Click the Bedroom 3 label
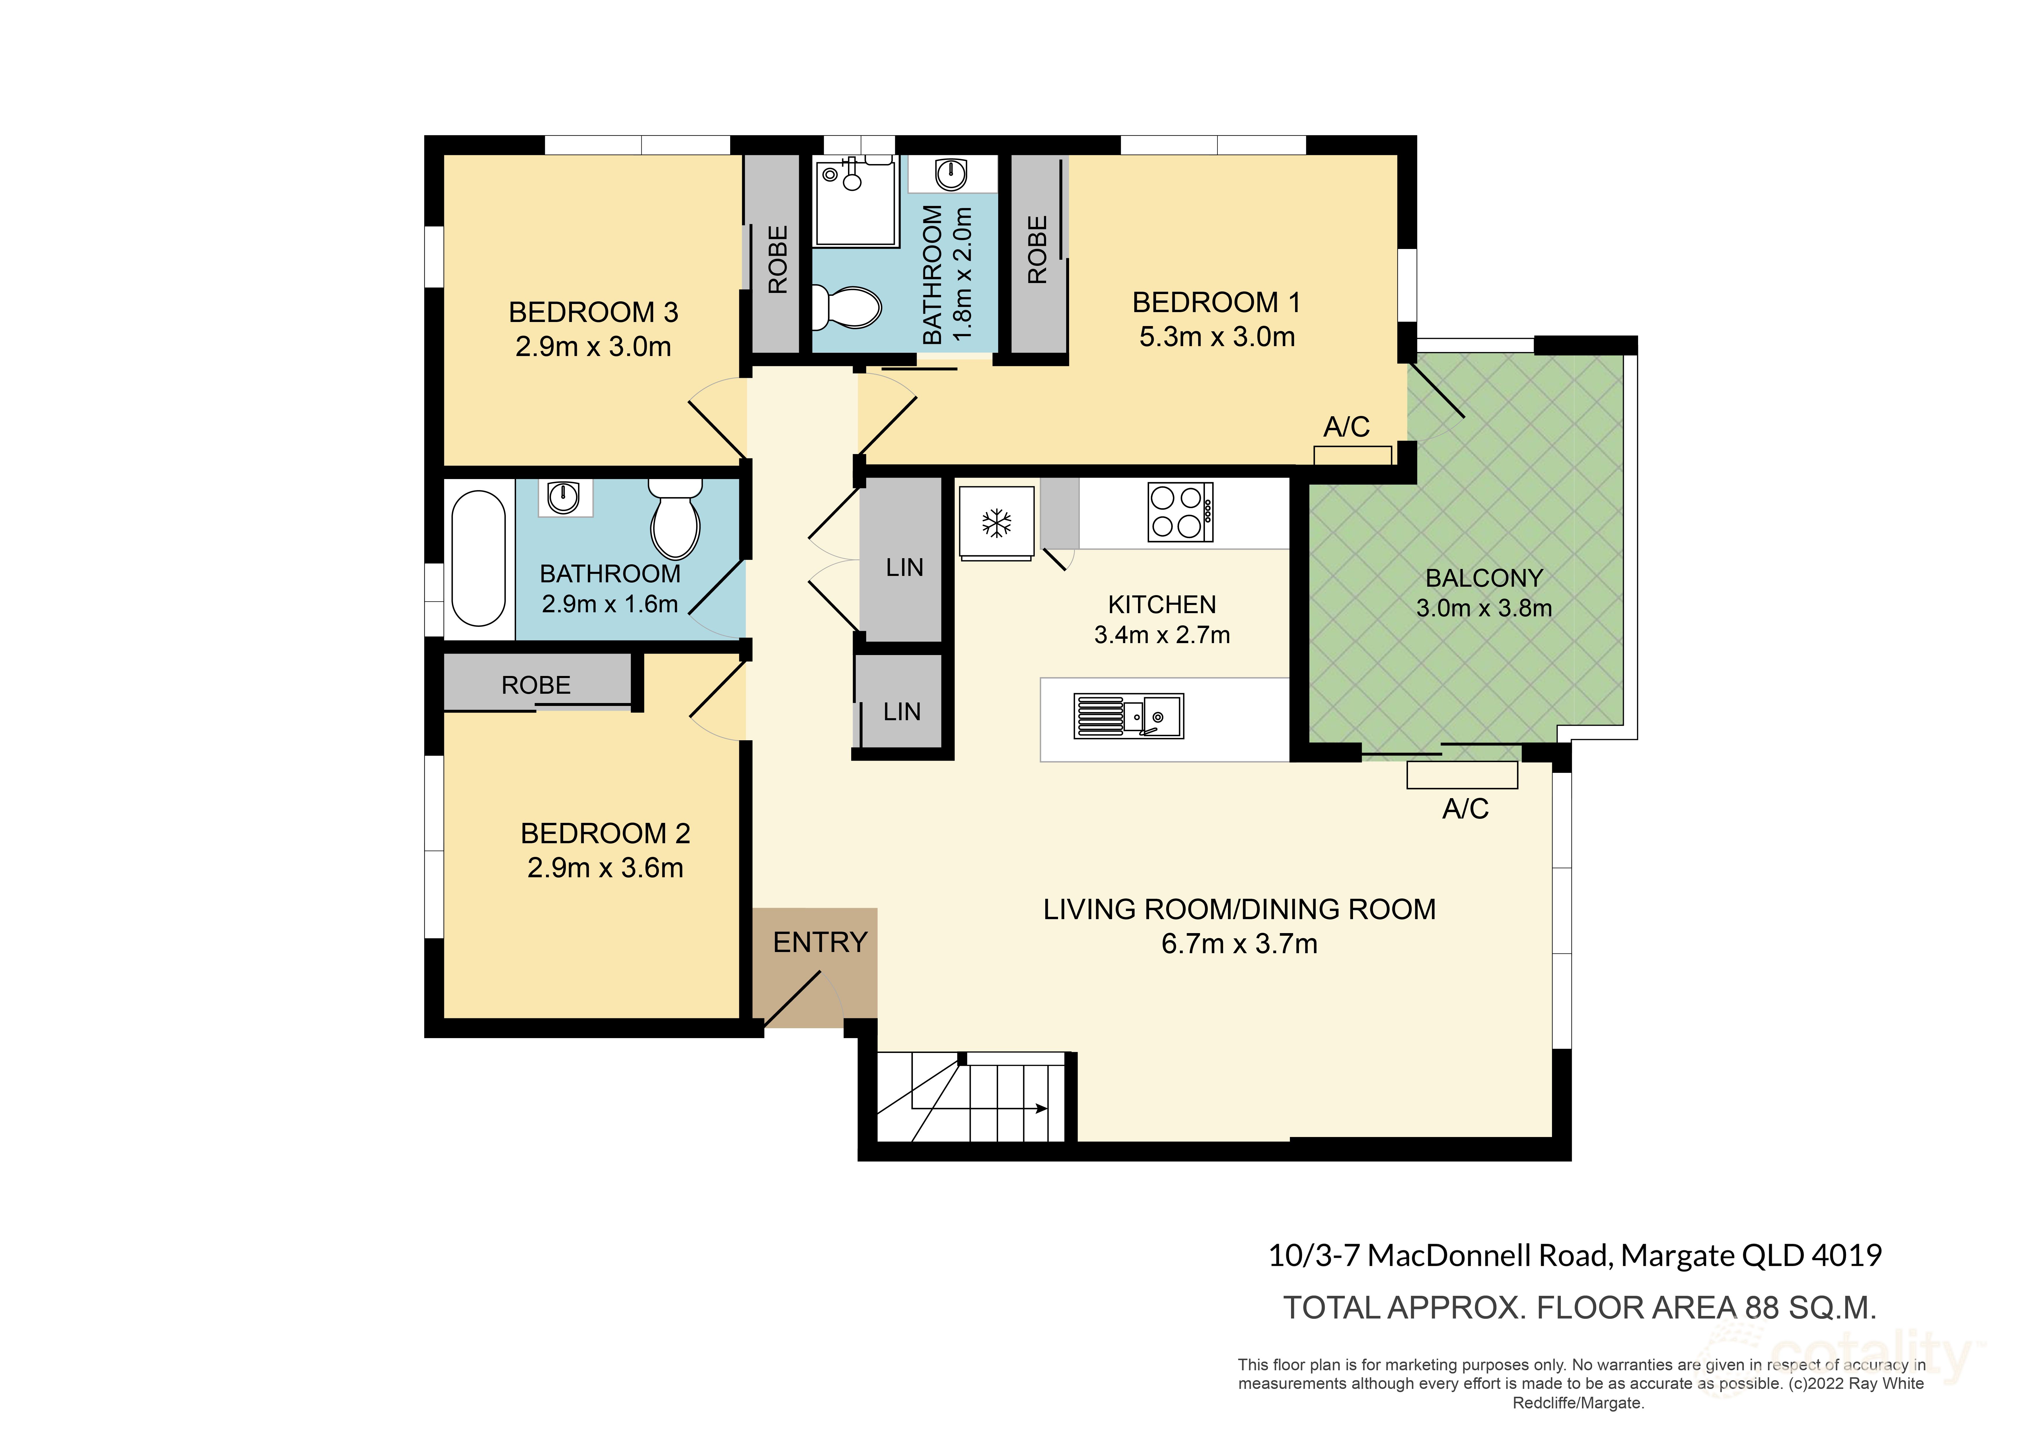(593, 312)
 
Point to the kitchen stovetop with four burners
(1180, 512)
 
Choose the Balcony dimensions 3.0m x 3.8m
(1484, 608)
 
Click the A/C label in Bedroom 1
(1346, 427)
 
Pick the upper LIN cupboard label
(904, 567)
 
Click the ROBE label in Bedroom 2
(536, 686)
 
